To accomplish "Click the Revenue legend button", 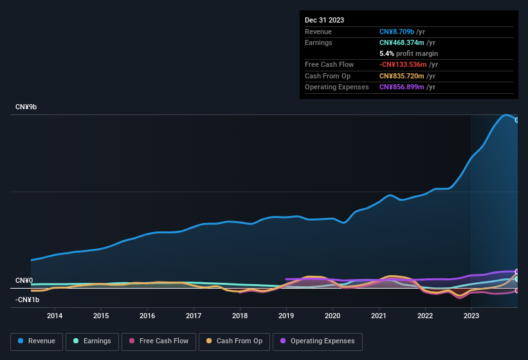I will pyautogui.click(x=37, y=341).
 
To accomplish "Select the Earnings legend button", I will pyautogui.click(x=90, y=341).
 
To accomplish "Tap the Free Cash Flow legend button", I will pyautogui.click(x=159, y=341).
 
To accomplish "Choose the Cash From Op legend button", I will pyautogui.click(x=234, y=341).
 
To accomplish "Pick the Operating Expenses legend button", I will pyautogui.click(x=318, y=341).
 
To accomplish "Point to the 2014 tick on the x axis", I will pyautogui.click(x=55, y=316).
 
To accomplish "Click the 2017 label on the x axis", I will pyautogui.click(x=194, y=316).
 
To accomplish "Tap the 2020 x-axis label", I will pyautogui.click(x=332, y=316).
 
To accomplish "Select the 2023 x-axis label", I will pyautogui.click(x=471, y=316).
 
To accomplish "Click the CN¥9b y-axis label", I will pyautogui.click(x=26, y=107).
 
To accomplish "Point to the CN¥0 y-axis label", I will pyautogui.click(x=24, y=281).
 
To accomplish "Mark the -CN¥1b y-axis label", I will pyautogui.click(x=28, y=300).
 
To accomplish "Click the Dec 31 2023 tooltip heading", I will pyautogui.click(x=324, y=20).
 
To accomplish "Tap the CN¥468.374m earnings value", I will pyautogui.click(x=402, y=42).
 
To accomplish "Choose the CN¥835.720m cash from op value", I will pyautogui.click(x=402, y=76).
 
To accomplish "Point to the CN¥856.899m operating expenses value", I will pyautogui.click(x=402, y=87).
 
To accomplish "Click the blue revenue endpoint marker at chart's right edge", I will pyautogui.click(x=516, y=120).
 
